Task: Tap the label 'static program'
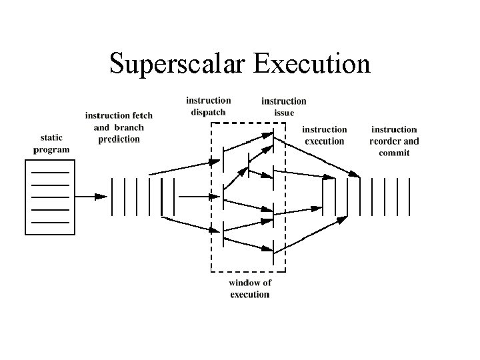51,144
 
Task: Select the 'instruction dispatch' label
208,106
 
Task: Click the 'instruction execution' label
324,135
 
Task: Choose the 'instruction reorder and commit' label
394,141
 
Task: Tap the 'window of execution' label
250,288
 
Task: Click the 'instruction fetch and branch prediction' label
119,127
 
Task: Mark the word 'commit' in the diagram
394,153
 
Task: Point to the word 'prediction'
119,139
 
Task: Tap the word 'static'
51,138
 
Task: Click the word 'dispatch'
208,112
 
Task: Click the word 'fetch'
141,115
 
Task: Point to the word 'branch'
128,127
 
